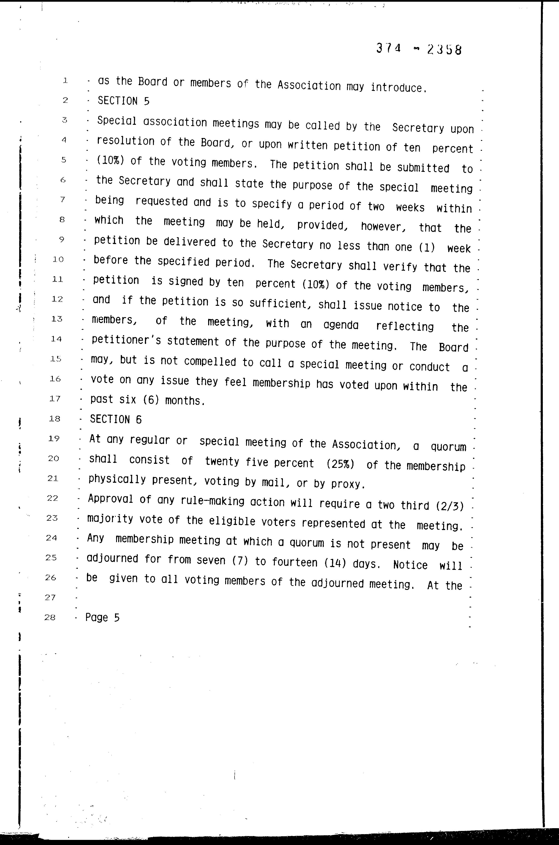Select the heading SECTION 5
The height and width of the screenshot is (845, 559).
(123, 101)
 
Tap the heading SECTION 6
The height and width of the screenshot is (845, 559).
(115, 420)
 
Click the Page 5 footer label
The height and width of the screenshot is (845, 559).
(102, 618)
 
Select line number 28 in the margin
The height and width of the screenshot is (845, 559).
(50, 617)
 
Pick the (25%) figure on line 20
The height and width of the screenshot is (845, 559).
(340, 464)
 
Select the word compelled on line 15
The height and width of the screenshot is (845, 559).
(210, 362)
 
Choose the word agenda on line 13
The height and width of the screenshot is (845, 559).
(341, 325)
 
